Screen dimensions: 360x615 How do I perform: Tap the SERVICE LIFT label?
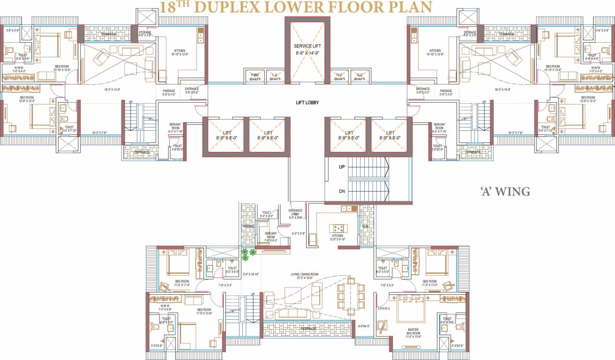point(307,46)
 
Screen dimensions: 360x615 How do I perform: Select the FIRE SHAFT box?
point(255,76)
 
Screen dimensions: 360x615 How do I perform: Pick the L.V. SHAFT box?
point(275,76)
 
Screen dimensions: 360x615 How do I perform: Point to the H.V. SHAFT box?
point(339,76)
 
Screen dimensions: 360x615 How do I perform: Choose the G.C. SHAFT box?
point(360,76)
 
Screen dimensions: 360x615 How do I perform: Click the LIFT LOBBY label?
point(307,103)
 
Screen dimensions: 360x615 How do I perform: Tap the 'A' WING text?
point(505,191)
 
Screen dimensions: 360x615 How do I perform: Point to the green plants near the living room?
point(248,253)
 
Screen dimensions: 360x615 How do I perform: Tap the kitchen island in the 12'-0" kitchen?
point(337,228)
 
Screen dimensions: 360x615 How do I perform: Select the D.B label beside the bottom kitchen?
point(366,227)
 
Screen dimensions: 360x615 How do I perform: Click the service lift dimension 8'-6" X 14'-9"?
point(307,53)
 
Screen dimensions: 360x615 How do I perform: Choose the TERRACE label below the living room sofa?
point(307,328)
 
